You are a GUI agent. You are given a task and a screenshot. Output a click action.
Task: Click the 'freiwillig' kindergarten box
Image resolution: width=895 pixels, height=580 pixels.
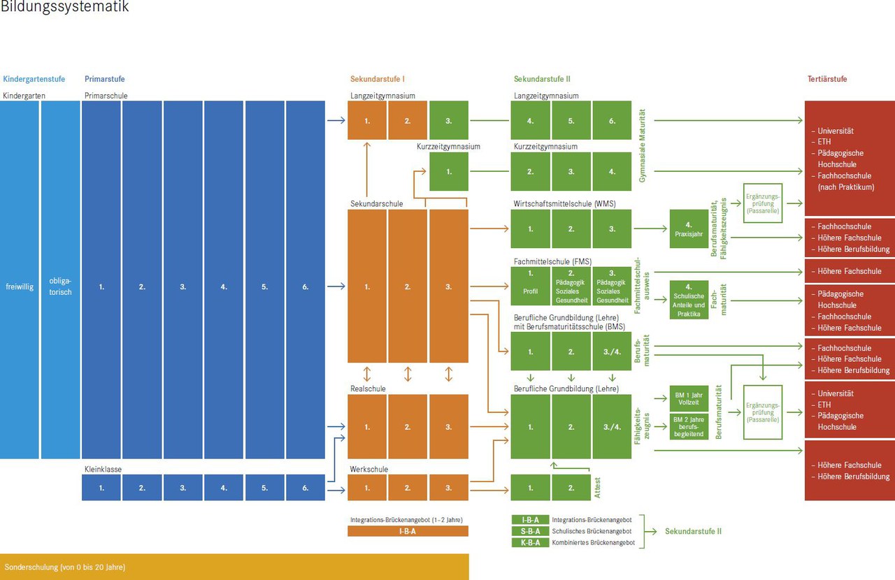point(19,287)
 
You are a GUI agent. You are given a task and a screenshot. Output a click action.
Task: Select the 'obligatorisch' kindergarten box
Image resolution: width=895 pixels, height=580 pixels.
point(60,287)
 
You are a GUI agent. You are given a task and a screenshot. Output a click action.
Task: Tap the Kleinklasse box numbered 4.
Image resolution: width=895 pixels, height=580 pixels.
point(224,488)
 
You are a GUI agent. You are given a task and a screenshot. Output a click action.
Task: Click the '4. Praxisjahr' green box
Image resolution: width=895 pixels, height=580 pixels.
point(689,229)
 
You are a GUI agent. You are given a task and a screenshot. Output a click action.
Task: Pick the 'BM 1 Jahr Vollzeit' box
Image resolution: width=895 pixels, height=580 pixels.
point(689,399)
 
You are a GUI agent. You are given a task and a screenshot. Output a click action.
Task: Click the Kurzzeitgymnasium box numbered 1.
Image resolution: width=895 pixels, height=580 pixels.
point(449,171)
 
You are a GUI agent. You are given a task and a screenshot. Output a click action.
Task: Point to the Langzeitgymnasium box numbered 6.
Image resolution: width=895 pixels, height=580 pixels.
point(612,120)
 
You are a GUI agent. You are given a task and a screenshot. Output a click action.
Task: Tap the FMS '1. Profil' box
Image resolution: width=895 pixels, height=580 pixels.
point(530,287)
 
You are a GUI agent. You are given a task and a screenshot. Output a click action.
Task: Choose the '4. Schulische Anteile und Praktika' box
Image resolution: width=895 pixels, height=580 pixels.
point(689,300)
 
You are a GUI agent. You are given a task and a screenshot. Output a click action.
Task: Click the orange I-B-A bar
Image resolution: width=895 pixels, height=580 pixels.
point(408,531)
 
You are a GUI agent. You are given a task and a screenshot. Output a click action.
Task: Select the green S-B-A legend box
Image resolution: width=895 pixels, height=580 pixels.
point(530,531)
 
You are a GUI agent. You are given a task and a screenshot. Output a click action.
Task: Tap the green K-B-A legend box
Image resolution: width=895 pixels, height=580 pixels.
point(530,542)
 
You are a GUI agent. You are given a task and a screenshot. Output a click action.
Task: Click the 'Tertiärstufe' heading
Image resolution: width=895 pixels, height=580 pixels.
point(827,79)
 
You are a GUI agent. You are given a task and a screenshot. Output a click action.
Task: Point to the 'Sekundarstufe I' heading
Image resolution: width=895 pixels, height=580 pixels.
point(378,79)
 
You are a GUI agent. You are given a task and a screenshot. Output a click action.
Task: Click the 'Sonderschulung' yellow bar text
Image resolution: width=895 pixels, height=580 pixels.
point(65,567)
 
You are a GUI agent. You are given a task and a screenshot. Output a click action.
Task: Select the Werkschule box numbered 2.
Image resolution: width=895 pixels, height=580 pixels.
point(408,488)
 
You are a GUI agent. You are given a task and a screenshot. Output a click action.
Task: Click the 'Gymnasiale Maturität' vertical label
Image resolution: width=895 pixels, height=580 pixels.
point(642,146)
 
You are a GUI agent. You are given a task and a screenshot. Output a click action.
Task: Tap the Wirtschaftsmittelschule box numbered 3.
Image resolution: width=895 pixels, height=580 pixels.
point(612,229)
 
